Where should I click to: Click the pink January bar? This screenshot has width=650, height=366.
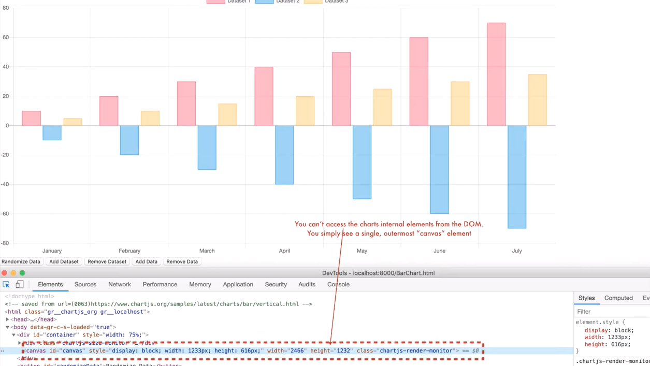click(x=31, y=118)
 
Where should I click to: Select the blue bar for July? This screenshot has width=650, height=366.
click(x=517, y=177)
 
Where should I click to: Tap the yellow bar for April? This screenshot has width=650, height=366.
click(x=305, y=111)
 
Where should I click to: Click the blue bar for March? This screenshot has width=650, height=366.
click(x=207, y=148)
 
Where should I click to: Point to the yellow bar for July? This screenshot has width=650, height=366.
click(x=537, y=100)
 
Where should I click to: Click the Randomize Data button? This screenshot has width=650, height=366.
click(x=21, y=261)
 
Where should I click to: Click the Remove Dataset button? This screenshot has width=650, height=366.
click(x=107, y=261)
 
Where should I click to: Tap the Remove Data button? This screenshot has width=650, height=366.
click(x=182, y=261)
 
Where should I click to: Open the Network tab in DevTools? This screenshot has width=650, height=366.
click(x=120, y=284)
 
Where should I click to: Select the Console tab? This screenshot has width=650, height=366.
click(x=338, y=284)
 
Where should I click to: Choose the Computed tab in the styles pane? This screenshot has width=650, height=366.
click(x=618, y=298)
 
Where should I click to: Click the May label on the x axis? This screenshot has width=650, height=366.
click(x=362, y=251)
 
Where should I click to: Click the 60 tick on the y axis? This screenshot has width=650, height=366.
click(x=6, y=37)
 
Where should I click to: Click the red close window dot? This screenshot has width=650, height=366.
click(x=5, y=273)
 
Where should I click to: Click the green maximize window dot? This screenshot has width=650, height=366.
click(x=22, y=273)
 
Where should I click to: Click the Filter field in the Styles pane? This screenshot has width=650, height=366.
click(x=611, y=312)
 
